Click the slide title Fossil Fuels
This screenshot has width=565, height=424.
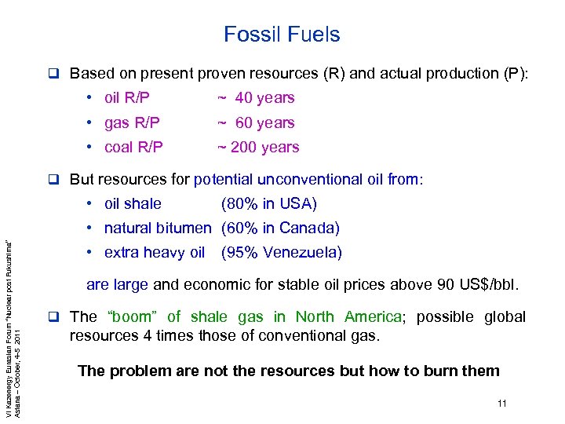pyautogui.click(x=282, y=35)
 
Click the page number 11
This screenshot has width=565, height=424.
pyautogui.click(x=502, y=404)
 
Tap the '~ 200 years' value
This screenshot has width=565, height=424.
pyautogui.click(x=258, y=147)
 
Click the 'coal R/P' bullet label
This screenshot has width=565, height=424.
pyautogui.click(x=133, y=147)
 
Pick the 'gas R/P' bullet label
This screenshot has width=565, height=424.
pyautogui.click(x=132, y=122)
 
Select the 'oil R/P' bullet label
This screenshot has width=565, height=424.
pyautogui.click(x=127, y=98)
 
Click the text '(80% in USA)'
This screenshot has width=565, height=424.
pyautogui.click(x=269, y=204)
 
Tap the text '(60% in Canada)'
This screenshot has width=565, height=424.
pyautogui.click(x=280, y=228)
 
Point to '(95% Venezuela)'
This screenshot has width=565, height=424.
pyautogui.click(x=282, y=253)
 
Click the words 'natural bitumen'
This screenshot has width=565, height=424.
pyautogui.click(x=157, y=228)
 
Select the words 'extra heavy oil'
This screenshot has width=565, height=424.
pyautogui.click(x=154, y=253)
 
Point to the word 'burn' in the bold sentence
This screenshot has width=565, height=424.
pyautogui.click(x=422, y=371)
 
